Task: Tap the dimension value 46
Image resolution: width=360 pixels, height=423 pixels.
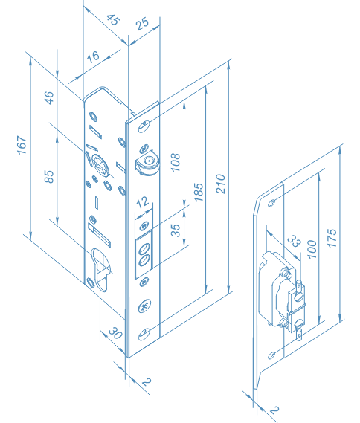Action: point(49,97)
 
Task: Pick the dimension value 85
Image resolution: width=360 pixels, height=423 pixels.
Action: point(49,177)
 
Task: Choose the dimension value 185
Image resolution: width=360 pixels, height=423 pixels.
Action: point(197,195)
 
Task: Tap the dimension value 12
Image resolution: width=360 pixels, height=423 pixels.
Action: point(142,202)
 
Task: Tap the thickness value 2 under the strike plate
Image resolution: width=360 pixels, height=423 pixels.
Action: point(274,410)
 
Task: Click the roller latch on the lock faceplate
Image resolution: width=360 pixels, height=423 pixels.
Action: point(147,164)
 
